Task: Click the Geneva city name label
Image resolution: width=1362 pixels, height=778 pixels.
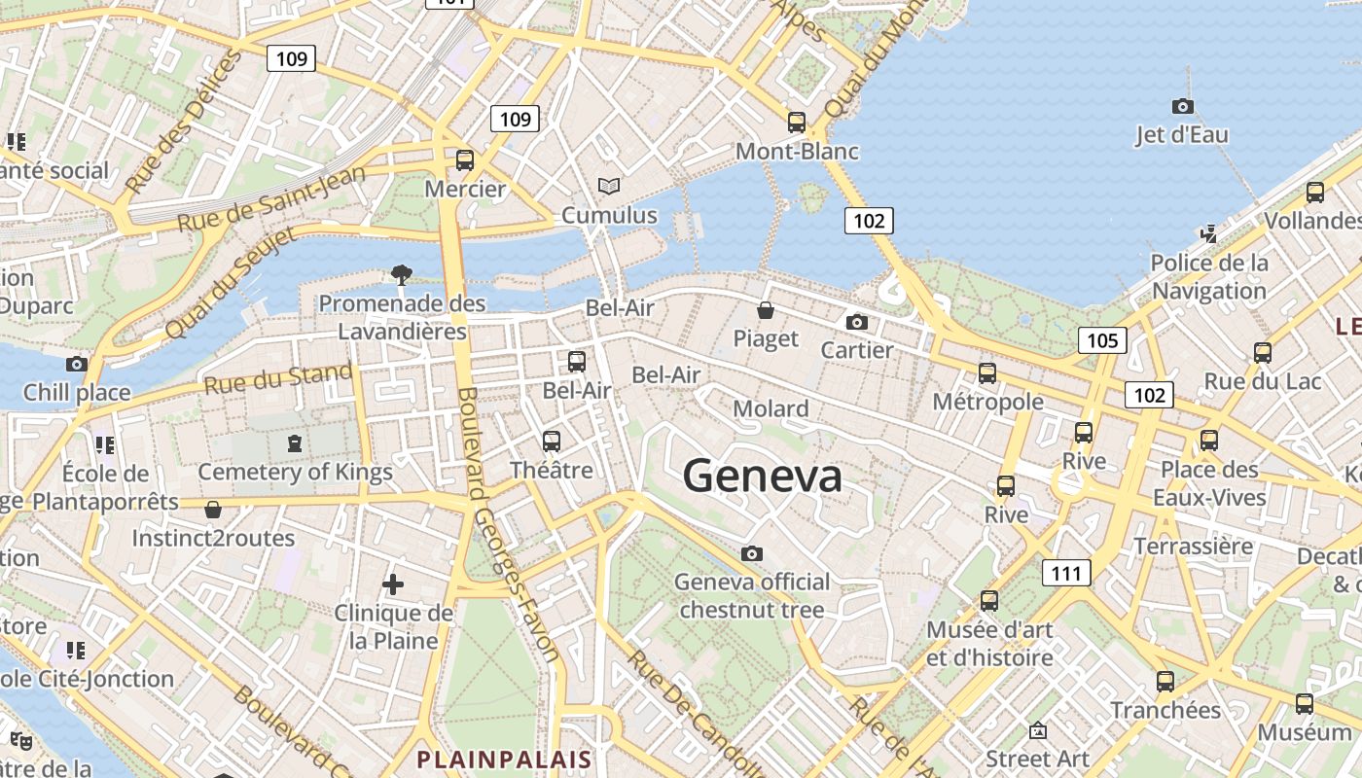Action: click(762, 477)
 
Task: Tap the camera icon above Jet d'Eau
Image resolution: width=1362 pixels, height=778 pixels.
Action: click(1183, 106)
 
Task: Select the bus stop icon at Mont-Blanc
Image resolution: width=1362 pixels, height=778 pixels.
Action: click(797, 123)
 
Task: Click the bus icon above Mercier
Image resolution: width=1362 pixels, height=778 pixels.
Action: click(465, 160)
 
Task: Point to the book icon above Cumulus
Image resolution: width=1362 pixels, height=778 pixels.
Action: click(609, 186)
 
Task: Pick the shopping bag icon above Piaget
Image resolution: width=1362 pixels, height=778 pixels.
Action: click(766, 311)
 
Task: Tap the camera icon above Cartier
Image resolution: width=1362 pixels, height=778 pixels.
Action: click(857, 322)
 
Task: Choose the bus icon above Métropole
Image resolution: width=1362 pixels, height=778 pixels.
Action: click(987, 373)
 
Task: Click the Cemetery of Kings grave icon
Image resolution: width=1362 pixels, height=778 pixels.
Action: click(294, 444)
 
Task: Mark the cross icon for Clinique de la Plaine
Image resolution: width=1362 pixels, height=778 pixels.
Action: click(393, 584)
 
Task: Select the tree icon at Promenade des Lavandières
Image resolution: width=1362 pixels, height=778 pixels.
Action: click(402, 275)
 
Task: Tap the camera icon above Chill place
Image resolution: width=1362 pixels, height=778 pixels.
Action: click(77, 365)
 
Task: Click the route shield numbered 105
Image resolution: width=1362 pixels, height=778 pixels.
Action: click(1102, 340)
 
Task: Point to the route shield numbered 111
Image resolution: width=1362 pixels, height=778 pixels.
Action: click(1066, 574)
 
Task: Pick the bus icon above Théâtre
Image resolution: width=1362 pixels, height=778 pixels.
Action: click(552, 442)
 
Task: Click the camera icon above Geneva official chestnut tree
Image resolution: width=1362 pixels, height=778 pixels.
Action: click(752, 554)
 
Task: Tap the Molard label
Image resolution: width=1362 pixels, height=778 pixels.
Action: click(771, 408)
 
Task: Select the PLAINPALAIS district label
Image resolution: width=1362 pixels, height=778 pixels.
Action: click(504, 759)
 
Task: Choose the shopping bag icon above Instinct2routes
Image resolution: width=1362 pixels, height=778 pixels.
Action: click(213, 510)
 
